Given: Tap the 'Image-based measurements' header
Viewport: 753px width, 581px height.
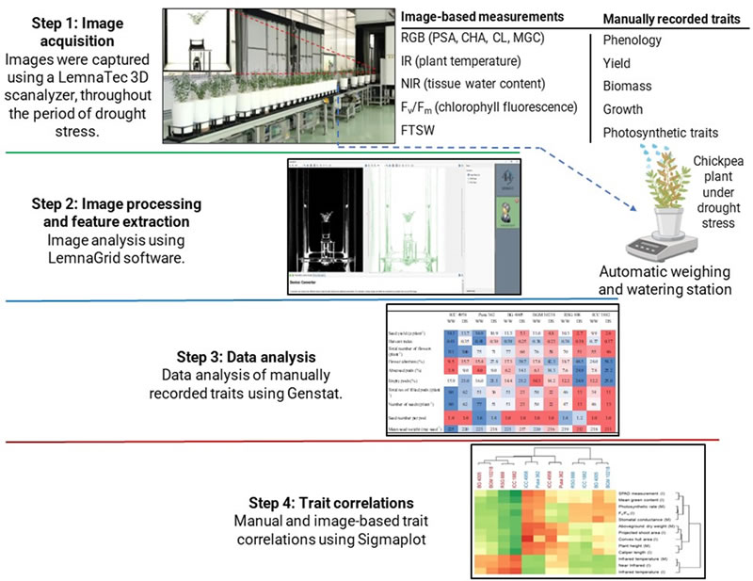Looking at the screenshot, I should [482, 17].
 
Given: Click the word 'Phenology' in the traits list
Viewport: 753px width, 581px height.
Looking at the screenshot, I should [633, 40].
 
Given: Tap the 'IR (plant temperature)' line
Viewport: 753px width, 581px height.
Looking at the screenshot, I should [461, 61].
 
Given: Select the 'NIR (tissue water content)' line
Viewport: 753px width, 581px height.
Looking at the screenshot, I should [477, 84].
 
